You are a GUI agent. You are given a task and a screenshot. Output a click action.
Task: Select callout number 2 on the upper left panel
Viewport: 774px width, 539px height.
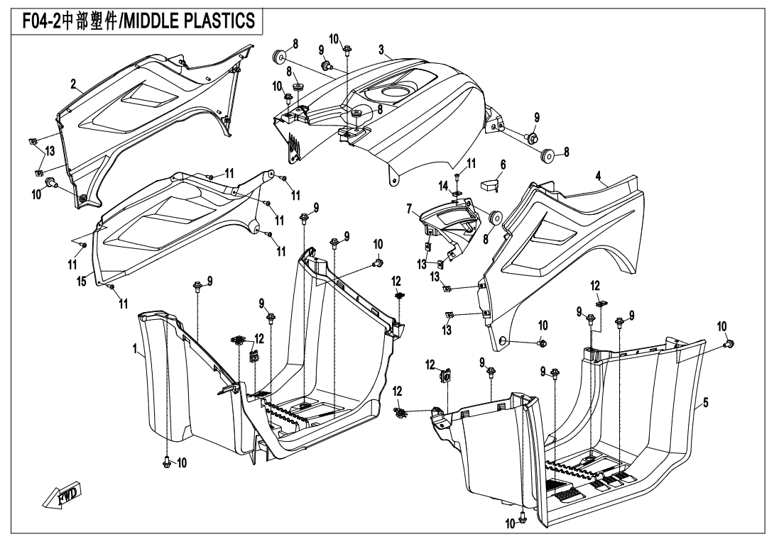pos(73,84)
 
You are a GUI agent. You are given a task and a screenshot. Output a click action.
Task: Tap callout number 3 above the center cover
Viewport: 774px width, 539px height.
pos(381,50)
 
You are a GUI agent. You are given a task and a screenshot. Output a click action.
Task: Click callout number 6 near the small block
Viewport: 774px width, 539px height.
pos(503,165)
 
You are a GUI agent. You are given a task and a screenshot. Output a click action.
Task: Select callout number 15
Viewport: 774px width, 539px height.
pos(82,282)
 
